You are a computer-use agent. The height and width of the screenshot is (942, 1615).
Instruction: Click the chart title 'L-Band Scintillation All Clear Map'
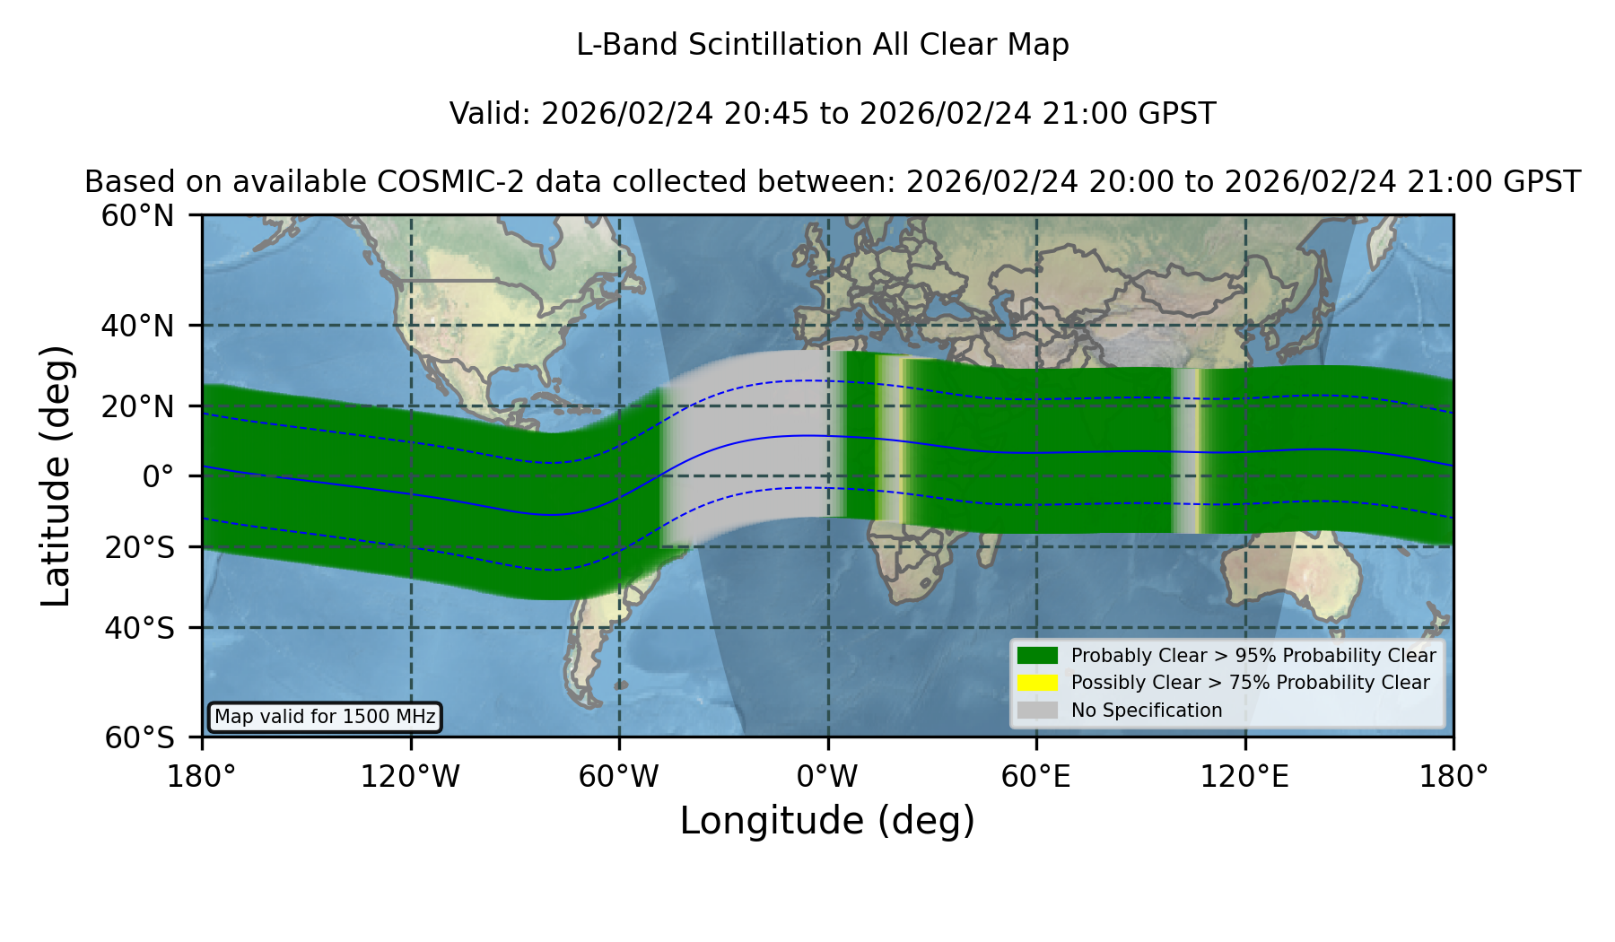pos(822,45)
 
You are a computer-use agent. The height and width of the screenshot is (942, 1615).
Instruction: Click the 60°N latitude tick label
pos(137,216)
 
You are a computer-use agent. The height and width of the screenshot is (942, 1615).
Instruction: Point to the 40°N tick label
pos(137,326)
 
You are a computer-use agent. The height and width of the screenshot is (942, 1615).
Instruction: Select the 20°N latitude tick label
pos(137,406)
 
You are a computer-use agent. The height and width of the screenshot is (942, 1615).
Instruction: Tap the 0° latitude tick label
pos(158,476)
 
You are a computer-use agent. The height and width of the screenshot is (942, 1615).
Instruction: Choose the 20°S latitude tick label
pos(139,547)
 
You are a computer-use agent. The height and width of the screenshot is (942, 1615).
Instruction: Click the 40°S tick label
pos(139,628)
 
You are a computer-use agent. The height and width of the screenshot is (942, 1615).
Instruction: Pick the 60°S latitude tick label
pos(139,737)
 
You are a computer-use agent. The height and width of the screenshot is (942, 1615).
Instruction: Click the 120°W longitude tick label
pos(410,776)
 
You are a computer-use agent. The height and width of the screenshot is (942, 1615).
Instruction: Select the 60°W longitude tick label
pos(619,776)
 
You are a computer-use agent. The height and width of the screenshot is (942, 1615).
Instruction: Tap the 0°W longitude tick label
pos(827,776)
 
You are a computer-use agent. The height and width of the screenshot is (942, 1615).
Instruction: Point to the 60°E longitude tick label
pos(1036,776)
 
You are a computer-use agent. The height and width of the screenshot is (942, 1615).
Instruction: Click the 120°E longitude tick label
pos(1245,776)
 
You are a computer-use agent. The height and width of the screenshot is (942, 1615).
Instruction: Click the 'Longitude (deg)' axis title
pos(827,821)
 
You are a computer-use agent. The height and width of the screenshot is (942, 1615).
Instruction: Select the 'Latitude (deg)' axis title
pos(56,476)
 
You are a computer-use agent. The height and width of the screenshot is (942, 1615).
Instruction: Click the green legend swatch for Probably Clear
pos(1037,655)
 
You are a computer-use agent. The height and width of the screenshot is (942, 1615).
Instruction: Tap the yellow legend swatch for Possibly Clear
pos(1037,683)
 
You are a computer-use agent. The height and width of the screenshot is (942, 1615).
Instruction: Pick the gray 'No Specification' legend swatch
pos(1037,711)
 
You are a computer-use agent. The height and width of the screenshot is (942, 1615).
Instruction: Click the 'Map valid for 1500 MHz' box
pos(325,717)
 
